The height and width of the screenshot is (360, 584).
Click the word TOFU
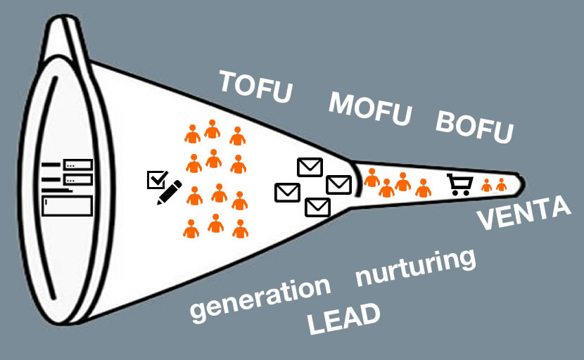click(255, 86)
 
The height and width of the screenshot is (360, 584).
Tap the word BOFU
click(474, 126)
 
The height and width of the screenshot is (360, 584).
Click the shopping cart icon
click(459, 184)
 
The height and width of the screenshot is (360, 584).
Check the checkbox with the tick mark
click(155, 180)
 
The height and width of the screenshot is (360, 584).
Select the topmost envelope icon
click(310, 167)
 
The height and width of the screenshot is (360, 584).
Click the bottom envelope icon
click(317, 207)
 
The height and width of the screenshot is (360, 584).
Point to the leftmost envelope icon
click(287, 191)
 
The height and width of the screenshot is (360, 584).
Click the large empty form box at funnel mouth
click(67, 206)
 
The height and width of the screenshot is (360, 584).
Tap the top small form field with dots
click(78, 165)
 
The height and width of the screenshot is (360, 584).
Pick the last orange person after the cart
click(501, 185)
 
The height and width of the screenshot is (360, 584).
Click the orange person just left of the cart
click(423, 188)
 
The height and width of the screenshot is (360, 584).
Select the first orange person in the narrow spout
click(372, 178)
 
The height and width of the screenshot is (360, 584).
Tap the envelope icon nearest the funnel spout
click(339, 184)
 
